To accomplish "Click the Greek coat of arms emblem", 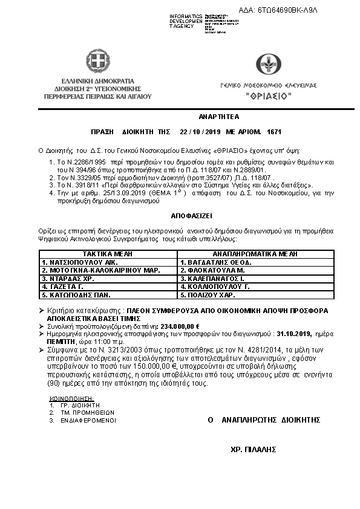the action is coord(97,62).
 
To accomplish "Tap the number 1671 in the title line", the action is coord(274,131).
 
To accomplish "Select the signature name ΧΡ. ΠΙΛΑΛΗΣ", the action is coord(254,449).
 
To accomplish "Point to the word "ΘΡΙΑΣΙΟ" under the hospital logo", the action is coord(269,96).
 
